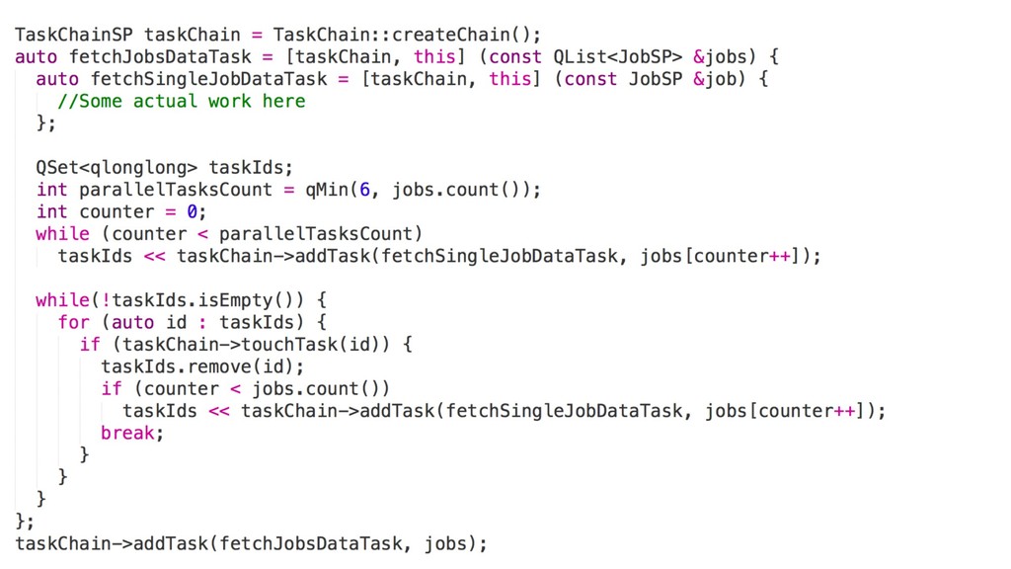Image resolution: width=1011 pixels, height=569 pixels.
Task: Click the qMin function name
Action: coord(330,190)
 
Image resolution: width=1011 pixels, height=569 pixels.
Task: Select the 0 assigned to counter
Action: coord(193,211)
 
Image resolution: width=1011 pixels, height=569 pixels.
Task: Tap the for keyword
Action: coord(74,322)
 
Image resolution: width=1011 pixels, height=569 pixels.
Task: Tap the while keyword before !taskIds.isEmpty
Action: coord(62,299)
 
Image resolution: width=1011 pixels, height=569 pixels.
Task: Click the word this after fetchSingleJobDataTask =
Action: coord(509,79)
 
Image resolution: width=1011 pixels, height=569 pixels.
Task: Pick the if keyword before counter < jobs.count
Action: coord(111,388)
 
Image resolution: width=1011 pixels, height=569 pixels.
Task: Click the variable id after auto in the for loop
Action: coord(176,322)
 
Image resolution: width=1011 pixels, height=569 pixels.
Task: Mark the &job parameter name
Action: coord(716,79)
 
